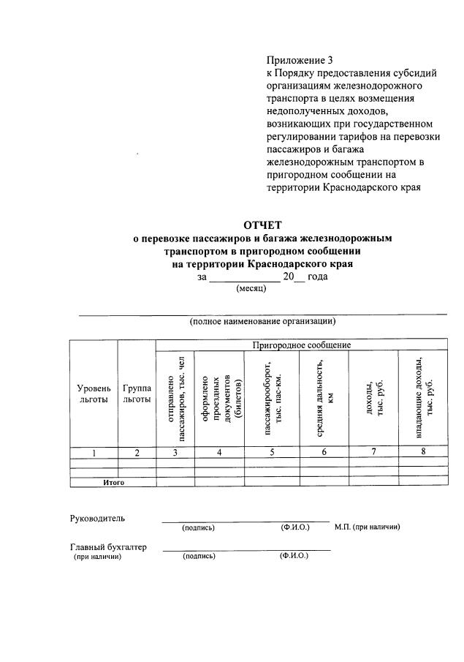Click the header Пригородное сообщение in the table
(x=301, y=345)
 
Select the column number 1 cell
(x=94, y=453)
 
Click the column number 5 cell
(x=272, y=453)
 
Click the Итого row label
(x=113, y=482)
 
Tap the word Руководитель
(x=97, y=519)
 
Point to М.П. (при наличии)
(x=367, y=527)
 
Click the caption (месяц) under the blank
(x=251, y=288)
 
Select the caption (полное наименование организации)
(x=262, y=321)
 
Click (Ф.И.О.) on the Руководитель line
(x=295, y=527)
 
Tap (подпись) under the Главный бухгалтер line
(x=199, y=556)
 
